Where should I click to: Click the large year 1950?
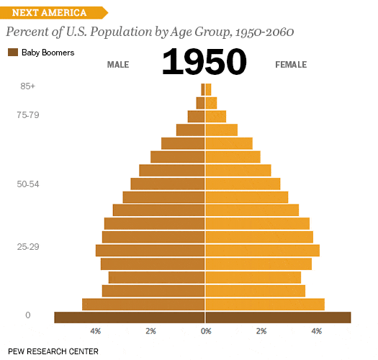(204, 63)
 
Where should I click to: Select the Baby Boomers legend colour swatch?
(13, 52)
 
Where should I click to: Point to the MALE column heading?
(118, 65)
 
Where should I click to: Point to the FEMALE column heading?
(291, 65)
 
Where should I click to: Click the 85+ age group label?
(28, 86)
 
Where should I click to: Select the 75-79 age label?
(28, 114)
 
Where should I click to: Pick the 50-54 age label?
(28, 184)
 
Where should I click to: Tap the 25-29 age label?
(28, 247)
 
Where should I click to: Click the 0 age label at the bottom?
(28, 315)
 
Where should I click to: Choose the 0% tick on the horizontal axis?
(206, 331)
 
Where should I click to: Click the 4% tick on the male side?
(95, 331)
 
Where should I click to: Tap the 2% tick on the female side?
(261, 331)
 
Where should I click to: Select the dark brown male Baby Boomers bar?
(130, 318)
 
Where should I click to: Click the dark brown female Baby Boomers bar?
(278, 318)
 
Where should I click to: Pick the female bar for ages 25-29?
(262, 251)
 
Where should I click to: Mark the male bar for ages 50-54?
(168, 184)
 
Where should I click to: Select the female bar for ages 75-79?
(216, 117)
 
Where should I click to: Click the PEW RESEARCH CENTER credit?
(53, 351)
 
